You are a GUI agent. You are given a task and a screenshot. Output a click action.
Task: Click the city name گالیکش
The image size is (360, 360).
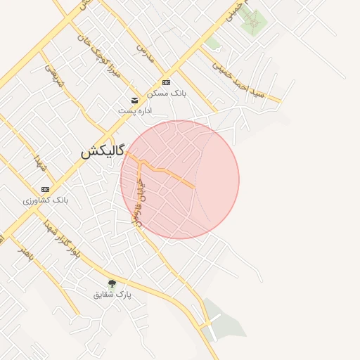(x=102, y=151)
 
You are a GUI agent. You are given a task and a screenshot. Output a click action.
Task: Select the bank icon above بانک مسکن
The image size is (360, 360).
(x=166, y=82)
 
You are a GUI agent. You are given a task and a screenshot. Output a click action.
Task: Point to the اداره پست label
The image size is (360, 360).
(x=134, y=110)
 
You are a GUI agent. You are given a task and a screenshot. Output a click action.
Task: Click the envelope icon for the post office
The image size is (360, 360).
(x=134, y=100)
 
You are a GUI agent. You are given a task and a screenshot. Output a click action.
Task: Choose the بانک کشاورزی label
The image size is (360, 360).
(x=46, y=200)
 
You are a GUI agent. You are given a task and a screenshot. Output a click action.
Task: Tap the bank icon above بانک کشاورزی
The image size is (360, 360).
(x=46, y=190)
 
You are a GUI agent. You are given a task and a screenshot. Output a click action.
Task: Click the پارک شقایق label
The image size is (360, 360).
(x=112, y=294)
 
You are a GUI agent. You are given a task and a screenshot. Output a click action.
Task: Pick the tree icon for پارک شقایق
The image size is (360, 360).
(x=112, y=283)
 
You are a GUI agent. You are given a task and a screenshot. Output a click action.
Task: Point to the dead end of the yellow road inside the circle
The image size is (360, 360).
(x=193, y=186)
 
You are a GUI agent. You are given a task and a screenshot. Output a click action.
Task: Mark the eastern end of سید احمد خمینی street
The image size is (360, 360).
(x=279, y=101)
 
